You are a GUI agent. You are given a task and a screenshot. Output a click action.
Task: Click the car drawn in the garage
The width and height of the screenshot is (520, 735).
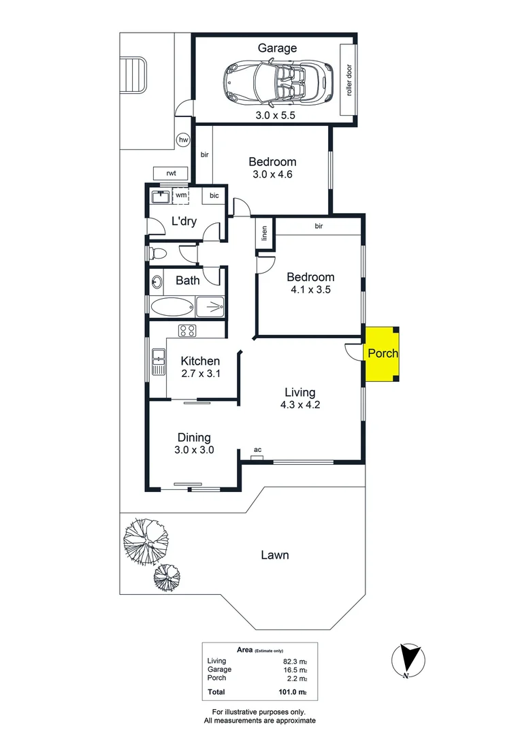tap(276, 82)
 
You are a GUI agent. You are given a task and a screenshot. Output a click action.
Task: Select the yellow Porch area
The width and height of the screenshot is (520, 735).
tap(381, 354)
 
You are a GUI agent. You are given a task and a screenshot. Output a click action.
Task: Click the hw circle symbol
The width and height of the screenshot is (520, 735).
tap(183, 140)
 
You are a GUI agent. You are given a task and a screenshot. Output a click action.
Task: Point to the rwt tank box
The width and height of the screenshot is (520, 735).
tap(171, 173)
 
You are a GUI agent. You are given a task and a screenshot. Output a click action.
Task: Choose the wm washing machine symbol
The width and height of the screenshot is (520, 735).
tap(181, 196)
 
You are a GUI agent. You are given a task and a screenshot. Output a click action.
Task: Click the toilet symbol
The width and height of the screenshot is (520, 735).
tap(159, 254)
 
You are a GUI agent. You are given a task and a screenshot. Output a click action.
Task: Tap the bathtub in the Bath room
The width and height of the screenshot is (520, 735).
tap(171, 306)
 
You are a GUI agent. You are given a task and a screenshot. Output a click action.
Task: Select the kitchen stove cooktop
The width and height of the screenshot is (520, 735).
tap(187, 331)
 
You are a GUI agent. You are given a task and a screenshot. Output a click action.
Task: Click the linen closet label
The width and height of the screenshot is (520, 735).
tap(265, 233)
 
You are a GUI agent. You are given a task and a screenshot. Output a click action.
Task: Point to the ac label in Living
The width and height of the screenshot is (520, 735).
tap(257, 450)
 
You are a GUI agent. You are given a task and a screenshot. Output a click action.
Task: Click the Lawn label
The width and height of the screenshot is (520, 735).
tap(275, 555)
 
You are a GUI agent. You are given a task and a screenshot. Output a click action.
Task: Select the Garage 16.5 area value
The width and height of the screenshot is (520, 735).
tap(295, 670)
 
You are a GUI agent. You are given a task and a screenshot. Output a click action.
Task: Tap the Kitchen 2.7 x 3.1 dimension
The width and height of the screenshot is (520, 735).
tap(200, 374)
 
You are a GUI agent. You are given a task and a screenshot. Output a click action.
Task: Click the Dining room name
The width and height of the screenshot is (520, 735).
tap(194, 438)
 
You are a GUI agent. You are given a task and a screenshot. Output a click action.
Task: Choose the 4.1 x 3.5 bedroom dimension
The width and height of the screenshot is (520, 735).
tap(310, 289)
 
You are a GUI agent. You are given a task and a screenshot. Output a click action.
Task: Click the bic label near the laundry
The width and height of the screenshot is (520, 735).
tap(214, 196)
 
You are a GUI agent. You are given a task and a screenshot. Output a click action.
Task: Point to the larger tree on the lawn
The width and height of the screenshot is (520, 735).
tap(144, 540)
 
